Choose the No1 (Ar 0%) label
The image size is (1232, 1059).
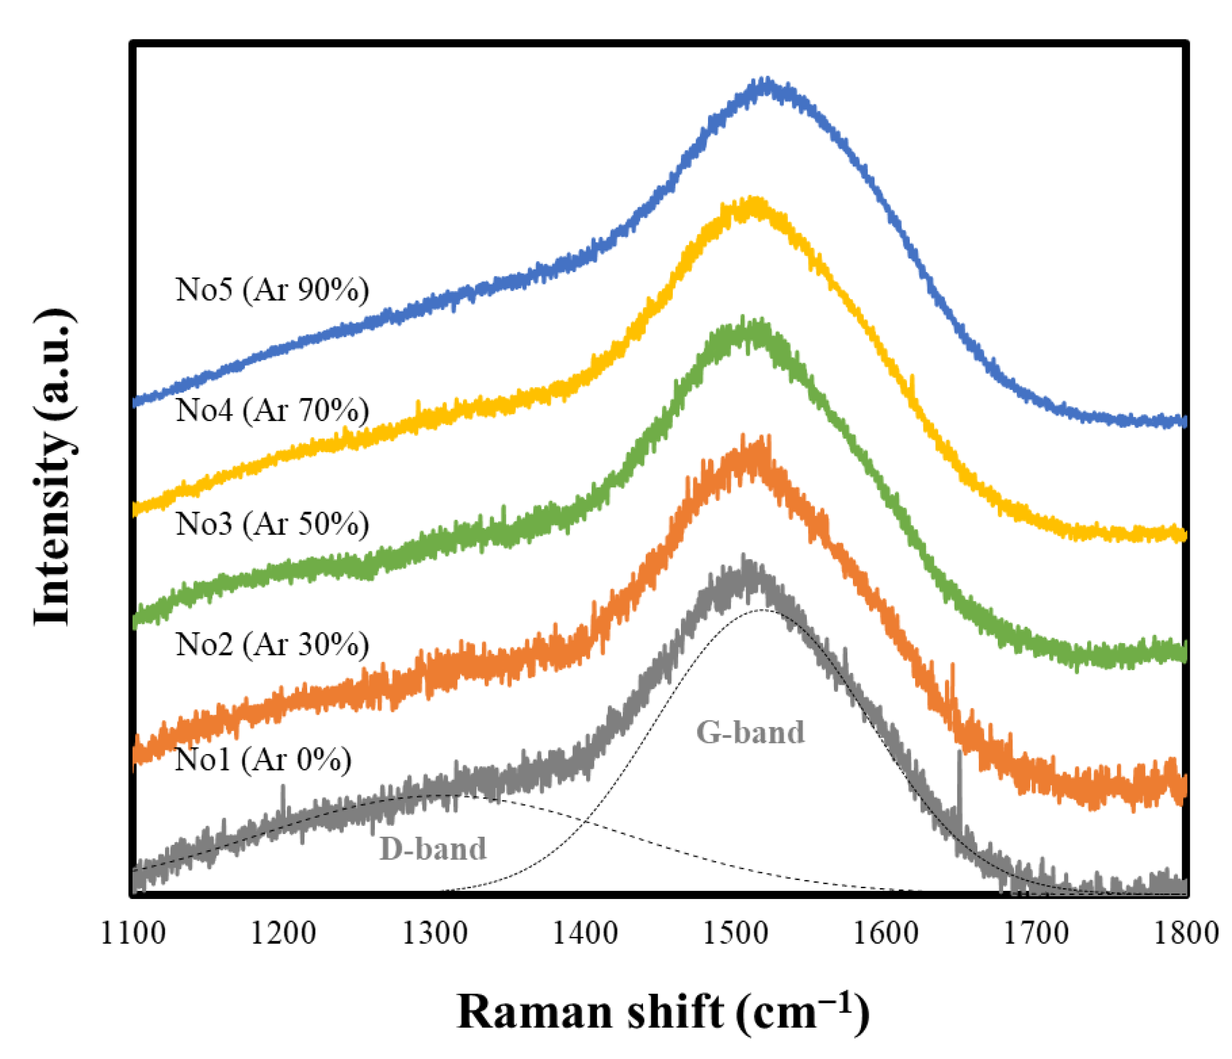click(x=263, y=759)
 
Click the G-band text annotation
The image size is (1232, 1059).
click(x=750, y=732)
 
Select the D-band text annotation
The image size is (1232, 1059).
click(x=433, y=849)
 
